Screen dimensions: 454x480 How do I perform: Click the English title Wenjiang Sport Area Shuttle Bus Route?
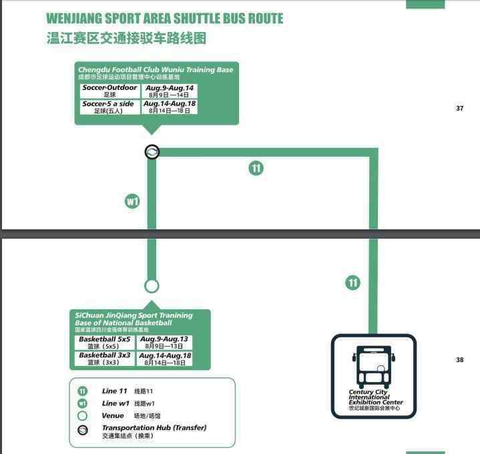164,19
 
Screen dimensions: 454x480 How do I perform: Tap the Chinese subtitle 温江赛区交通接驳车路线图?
126,38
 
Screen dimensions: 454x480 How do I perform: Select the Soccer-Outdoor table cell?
110,91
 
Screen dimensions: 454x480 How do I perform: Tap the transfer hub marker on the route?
152,152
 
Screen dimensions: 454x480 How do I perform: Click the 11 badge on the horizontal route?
256,168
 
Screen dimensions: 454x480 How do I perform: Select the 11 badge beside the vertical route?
352,283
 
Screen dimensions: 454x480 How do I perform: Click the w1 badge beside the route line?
133,201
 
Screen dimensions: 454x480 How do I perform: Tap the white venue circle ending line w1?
152,286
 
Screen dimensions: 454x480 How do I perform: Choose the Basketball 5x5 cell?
105,342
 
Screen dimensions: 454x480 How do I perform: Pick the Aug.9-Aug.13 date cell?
164,342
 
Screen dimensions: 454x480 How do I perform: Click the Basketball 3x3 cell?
105,359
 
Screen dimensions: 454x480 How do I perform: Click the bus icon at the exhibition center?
374,365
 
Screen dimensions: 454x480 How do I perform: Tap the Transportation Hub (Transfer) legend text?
154,428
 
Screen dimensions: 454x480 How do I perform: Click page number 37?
459,109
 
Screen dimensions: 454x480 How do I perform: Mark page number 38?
459,360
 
